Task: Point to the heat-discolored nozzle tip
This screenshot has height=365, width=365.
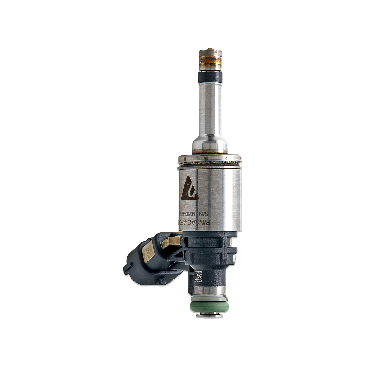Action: click(210, 60)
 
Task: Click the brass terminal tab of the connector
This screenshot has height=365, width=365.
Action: click(171, 241)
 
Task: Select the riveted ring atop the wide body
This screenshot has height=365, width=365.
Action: click(209, 158)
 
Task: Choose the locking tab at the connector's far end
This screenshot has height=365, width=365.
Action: click(127, 268)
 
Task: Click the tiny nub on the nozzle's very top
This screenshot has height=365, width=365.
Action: click(210, 49)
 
